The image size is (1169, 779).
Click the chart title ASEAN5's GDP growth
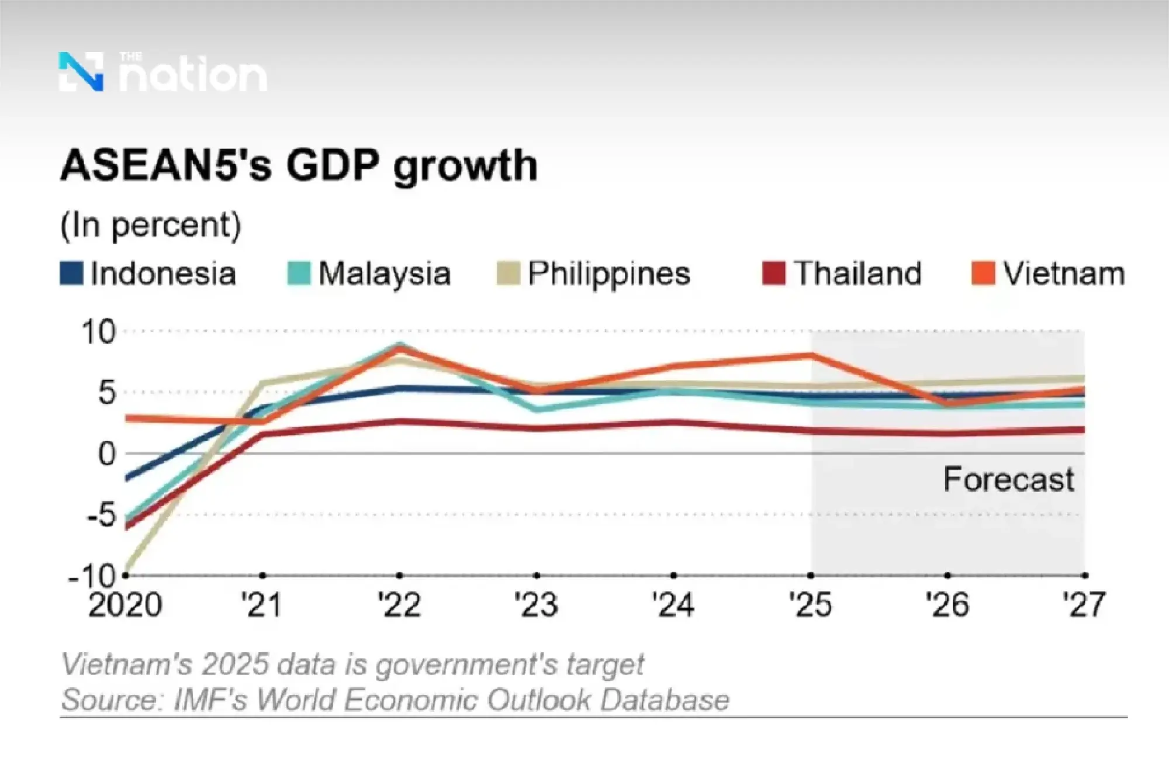298,166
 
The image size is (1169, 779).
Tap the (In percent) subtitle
150,226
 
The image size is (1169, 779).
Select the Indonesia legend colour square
71,273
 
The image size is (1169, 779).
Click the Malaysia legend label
385,273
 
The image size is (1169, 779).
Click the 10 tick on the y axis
99,333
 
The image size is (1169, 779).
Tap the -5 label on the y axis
101,515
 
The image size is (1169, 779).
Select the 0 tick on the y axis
106,454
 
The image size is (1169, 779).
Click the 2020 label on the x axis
124,605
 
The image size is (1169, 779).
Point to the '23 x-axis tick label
536,605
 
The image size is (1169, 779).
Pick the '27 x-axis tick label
1084,605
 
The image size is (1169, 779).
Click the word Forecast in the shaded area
1008,480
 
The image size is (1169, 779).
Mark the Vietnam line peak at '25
811,355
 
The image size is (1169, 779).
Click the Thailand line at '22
400,421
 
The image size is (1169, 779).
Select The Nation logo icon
81,72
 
